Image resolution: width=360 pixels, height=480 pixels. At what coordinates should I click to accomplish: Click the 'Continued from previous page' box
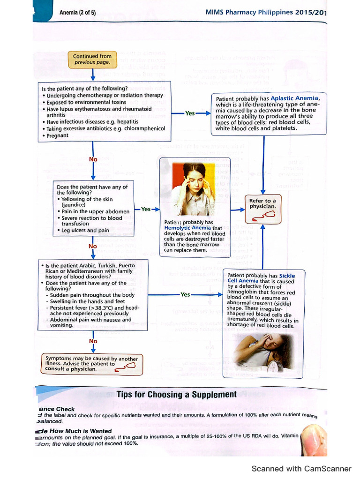[x=92, y=59]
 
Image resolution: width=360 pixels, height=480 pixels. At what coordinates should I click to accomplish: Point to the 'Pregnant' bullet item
[x=57, y=135]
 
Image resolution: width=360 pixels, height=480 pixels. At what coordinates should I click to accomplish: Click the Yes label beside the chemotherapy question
[x=190, y=113]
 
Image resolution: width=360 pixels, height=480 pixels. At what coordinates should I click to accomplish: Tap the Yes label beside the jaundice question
[x=146, y=209]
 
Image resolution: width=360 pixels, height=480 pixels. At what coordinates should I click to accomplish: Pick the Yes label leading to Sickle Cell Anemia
[x=185, y=294]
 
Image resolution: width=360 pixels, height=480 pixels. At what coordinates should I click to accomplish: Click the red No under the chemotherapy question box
[x=93, y=159]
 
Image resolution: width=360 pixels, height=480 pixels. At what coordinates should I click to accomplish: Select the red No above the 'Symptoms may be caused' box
[x=93, y=341]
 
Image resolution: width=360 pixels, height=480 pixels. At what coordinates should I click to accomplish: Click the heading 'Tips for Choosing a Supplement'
[x=176, y=394]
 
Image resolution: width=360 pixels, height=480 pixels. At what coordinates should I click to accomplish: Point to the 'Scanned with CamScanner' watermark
[x=301, y=468]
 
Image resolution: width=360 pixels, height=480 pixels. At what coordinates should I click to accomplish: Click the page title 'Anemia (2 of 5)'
[x=78, y=13]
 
